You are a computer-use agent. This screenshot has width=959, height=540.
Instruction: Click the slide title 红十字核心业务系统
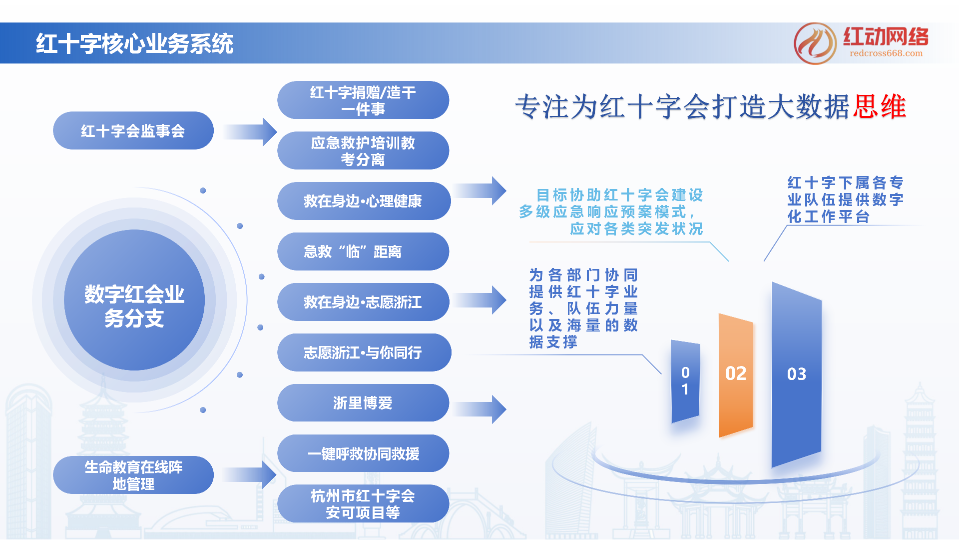(x=134, y=44)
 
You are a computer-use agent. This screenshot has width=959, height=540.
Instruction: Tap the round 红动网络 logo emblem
(x=815, y=43)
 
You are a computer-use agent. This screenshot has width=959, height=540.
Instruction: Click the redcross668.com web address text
(x=886, y=53)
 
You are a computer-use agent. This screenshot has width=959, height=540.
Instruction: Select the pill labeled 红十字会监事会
(x=133, y=131)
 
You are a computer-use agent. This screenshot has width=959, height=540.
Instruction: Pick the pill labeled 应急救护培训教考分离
(x=363, y=151)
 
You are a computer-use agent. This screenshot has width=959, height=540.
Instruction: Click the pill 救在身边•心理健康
(x=363, y=201)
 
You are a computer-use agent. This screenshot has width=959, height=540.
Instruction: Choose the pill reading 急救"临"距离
(x=363, y=252)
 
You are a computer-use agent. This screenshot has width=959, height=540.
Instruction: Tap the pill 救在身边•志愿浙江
(x=363, y=302)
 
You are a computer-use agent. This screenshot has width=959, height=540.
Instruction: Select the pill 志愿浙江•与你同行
(x=363, y=353)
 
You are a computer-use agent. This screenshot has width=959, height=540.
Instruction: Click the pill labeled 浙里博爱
(x=363, y=403)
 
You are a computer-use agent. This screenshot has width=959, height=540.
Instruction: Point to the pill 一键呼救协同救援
(x=363, y=453)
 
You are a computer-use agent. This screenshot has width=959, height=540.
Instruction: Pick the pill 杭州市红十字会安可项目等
(x=363, y=504)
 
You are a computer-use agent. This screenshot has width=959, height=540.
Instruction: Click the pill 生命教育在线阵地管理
(x=133, y=475)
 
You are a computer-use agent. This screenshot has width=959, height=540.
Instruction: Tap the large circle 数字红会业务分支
(x=134, y=300)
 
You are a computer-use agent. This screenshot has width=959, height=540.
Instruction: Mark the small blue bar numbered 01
(x=685, y=381)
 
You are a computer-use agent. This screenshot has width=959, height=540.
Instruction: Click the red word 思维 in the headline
(x=880, y=107)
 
